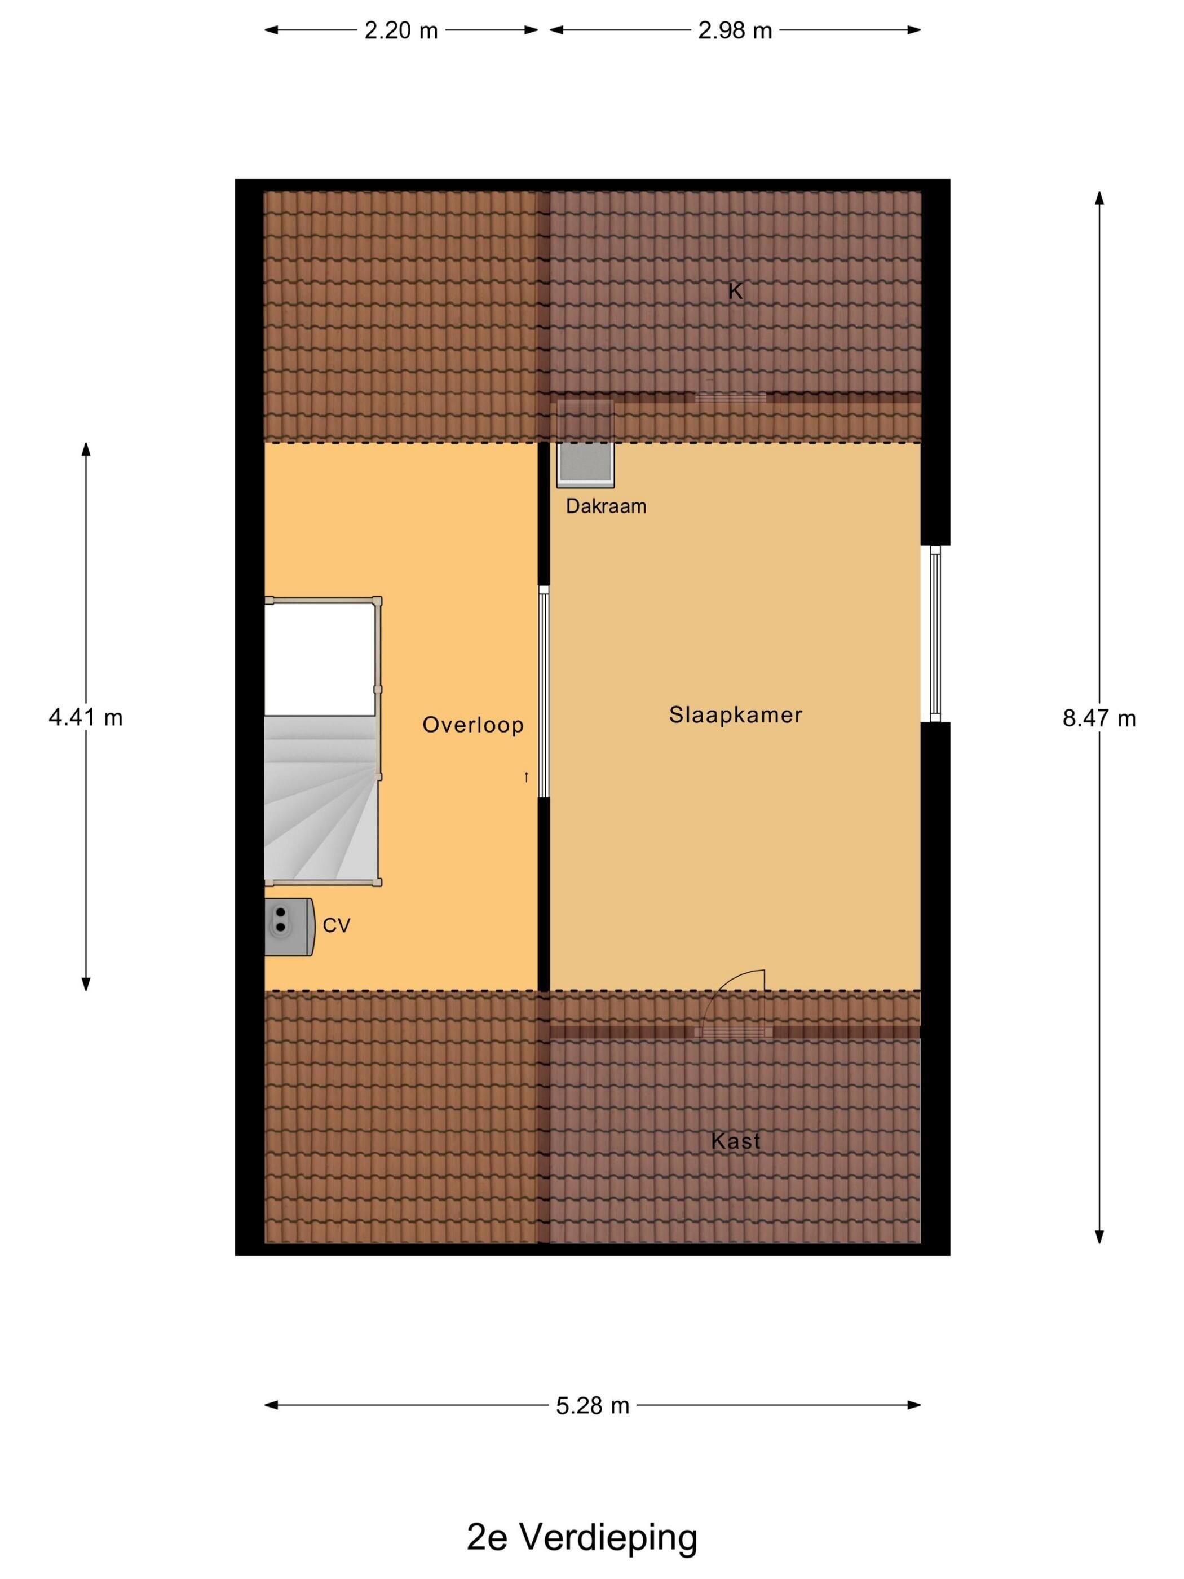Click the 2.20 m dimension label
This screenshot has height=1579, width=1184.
(400, 30)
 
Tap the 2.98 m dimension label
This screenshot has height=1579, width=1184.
(735, 30)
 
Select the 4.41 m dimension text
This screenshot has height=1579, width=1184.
(86, 717)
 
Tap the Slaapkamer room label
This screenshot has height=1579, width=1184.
(735, 714)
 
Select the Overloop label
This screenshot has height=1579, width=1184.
(472, 725)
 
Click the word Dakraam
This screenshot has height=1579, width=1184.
(606, 506)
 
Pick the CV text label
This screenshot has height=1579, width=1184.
(336, 926)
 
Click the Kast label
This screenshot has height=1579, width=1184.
(735, 1141)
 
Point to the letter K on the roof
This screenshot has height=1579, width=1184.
(735, 291)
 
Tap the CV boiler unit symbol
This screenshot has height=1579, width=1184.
(290, 927)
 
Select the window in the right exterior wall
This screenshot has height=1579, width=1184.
(935, 634)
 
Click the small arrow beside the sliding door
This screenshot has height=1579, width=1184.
(527, 777)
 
